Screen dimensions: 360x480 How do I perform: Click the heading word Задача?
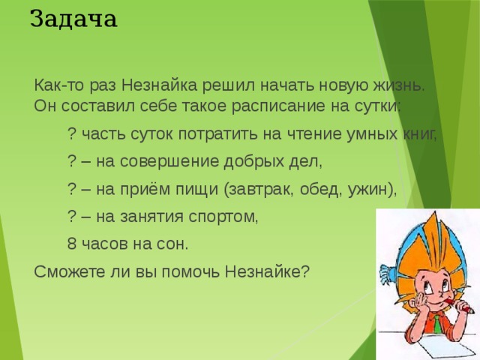pyautogui.click(x=73, y=17)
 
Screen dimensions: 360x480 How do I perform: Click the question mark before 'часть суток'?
pyautogui.click(x=71, y=134)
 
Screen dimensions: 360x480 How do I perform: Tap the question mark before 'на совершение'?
pyautogui.click(x=71, y=162)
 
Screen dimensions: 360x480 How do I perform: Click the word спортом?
pyautogui.click(x=225, y=217)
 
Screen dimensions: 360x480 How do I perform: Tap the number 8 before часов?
pyautogui.click(x=71, y=244)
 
